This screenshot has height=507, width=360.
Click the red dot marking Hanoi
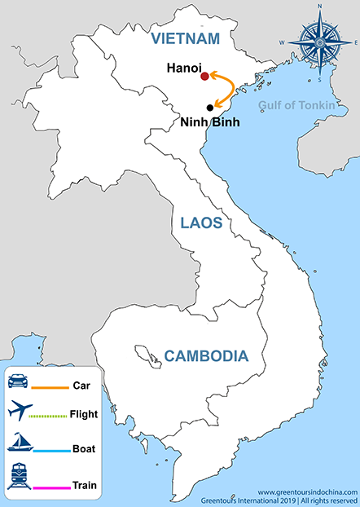pos(204,77)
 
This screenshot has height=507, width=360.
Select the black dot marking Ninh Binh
pos(210,108)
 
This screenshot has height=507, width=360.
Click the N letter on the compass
pos(319,7)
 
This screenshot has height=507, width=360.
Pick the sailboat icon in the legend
pos(19,443)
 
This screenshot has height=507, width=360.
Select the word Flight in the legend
pos(84,414)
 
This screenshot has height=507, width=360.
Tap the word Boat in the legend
pos(85,448)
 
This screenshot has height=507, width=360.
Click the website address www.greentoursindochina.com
pos(308,492)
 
